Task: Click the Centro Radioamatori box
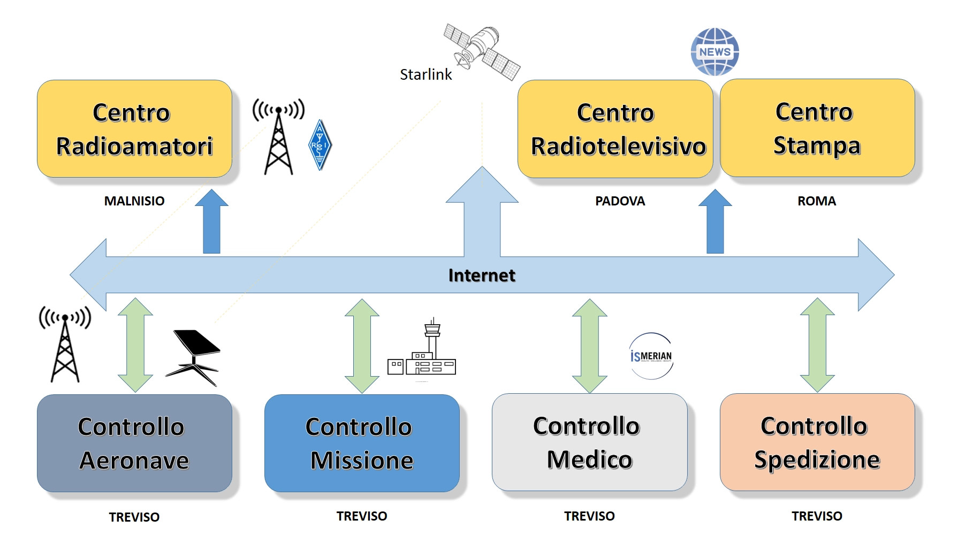(x=134, y=129)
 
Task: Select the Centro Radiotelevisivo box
(x=615, y=129)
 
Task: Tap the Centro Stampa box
(x=817, y=128)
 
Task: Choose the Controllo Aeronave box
(x=134, y=443)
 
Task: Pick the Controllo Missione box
(x=362, y=443)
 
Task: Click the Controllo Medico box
(x=589, y=442)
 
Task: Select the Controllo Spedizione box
(x=817, y=442)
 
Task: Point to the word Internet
(x=482, y=275)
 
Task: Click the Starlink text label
(x=426, y=74)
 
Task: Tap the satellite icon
(x=482, y=51)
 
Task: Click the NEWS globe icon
(x=715, y=52)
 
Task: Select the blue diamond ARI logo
(x=320, y=144)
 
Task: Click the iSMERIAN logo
(x=651, y=356)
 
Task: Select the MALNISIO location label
(x=134, y=201)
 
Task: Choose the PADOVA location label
(x=620, y=201)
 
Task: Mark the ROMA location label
(x=816, y=201)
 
